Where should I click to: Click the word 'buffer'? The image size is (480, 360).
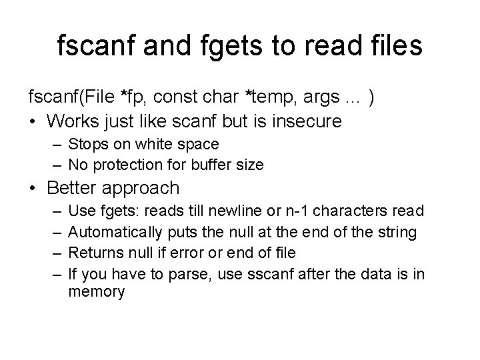coord(207,164)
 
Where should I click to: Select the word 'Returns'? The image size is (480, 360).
coord(94,252)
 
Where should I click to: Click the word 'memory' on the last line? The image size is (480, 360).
coord(97,292)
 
